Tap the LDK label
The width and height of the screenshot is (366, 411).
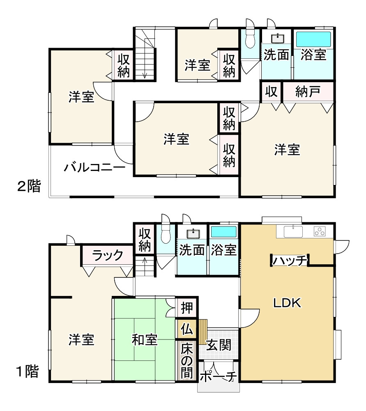288,303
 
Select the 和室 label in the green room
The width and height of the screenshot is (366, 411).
145,340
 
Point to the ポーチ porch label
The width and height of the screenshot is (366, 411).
218,376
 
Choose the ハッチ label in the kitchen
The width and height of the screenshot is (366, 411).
290,261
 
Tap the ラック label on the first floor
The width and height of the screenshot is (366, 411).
107,255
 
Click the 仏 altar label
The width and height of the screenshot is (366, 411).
186,329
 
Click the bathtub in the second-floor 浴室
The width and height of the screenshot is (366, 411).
314,39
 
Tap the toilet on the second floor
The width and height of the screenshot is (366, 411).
250,39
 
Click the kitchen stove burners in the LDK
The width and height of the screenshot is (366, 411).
319,231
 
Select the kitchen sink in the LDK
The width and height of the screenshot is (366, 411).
293,231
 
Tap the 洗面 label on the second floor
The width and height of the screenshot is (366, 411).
276,55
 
